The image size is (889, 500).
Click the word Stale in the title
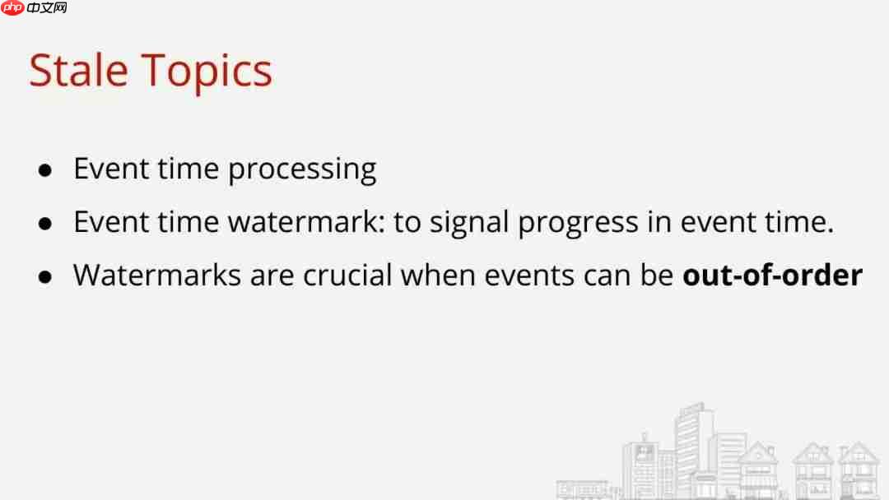(x=78, y=71)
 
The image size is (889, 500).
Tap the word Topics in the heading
(x=207, y=72)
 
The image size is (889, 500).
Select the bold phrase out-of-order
(x=772, y=275)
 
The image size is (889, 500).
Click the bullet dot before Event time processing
(x=46, y=171)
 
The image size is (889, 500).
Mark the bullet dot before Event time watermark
(x=46, y=224)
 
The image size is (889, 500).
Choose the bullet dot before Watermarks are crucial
(x=46, y=276)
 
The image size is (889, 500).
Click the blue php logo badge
(x=12, y=8)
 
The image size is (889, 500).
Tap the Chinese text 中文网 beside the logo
(x=47, y=8)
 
